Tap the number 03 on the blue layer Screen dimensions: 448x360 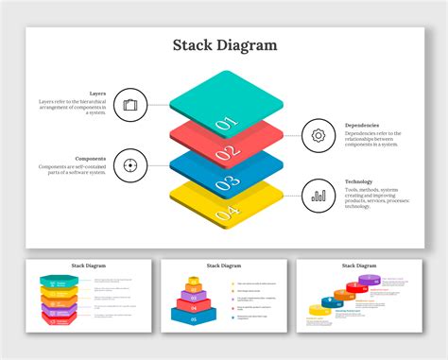click(x=224, y=184)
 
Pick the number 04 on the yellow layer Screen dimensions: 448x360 click(x=224, y=214)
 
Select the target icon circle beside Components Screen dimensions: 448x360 click(x=130, y=167)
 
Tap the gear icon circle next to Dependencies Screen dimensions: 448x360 click(x=319, y=135)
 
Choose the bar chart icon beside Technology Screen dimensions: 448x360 click(x=319, y=196)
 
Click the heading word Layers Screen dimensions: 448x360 click(x=97, y=94)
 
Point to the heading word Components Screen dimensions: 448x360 click(x=91, y=158)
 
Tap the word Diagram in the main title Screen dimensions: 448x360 click(x=249, y=44)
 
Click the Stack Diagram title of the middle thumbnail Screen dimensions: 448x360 click(x=223, y=266)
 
